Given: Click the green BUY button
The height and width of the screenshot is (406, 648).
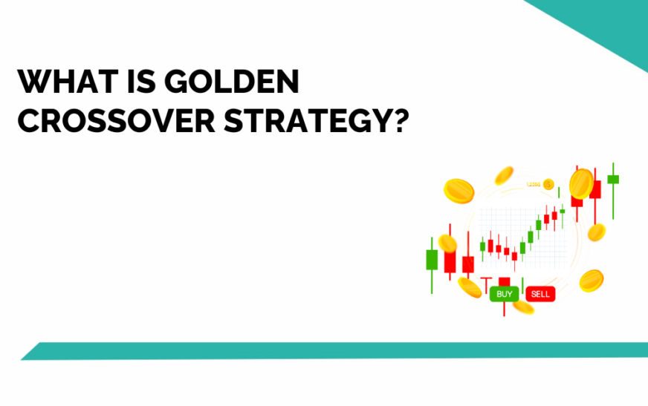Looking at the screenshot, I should (x=504, y=294).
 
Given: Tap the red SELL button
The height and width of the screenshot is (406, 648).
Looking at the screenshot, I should (x=540, y=294).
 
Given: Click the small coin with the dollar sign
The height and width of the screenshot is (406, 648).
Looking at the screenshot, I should (x=548, y=183).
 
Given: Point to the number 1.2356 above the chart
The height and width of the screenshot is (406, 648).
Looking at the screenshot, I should (x=533, y=184).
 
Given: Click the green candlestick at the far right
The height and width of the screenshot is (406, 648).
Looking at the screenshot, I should (x=613, y=180).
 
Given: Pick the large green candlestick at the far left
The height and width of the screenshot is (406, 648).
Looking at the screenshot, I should (x=432, y=259).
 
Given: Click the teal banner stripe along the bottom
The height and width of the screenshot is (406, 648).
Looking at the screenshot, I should (x=334, y=351).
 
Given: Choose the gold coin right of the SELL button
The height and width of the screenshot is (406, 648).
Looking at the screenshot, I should (x=591, y=280).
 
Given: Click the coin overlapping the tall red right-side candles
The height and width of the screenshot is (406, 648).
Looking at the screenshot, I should (x=580, y=183).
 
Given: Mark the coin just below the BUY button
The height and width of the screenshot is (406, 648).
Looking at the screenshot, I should (x=523, y=306).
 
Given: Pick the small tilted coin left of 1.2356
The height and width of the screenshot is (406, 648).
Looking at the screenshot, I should (x=505, y=175).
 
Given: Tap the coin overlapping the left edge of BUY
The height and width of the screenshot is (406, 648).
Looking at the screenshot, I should (x=469, y=287).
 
